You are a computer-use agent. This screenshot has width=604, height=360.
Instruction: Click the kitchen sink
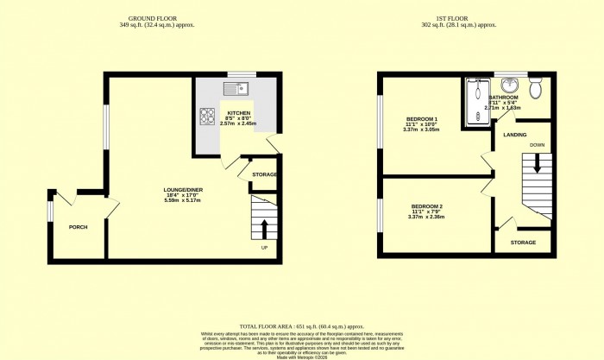(x=236, y=87)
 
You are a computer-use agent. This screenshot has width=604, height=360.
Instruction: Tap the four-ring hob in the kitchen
(x=208, y=116)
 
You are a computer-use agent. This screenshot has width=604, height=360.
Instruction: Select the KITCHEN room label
(x=238, y=113)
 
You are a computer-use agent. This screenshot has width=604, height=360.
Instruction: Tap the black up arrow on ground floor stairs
(x=264, y=227)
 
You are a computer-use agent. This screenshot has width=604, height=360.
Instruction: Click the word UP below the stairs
(x=264, y=249)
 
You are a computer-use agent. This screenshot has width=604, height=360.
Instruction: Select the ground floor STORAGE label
(x=264, y=174)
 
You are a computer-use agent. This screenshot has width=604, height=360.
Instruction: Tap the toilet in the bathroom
(x=535, y=88)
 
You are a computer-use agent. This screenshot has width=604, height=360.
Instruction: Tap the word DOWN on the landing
(x=537, y=144)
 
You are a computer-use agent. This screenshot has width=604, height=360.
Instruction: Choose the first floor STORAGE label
(x=523, y=243)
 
